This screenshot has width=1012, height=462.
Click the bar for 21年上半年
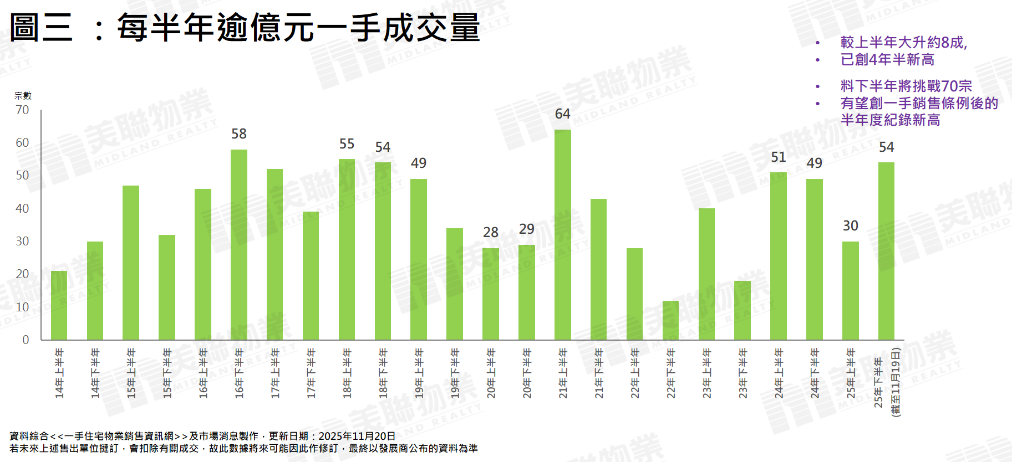point(562,235)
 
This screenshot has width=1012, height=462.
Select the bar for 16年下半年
point(239,245)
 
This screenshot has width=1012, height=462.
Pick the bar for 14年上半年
point(59,305)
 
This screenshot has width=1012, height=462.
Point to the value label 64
point(562,114)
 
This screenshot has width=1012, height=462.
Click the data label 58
point(239,134)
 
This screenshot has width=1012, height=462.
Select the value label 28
point(491,233)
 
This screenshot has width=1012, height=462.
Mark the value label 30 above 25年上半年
point(850,226)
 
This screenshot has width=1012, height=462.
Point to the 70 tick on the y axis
point(22,110)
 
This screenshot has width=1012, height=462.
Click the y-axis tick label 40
point(22,209)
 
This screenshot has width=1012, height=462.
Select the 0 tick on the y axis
point(26,340)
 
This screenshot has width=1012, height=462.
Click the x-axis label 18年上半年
point(347,373)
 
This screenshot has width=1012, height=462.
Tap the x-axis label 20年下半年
point(527,373)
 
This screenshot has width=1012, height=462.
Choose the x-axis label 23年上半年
point(706,373)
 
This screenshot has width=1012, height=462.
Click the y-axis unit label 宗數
point(23,96)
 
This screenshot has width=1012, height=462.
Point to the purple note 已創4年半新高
point(887,60)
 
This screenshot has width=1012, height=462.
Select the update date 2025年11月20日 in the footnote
point(357,437)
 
